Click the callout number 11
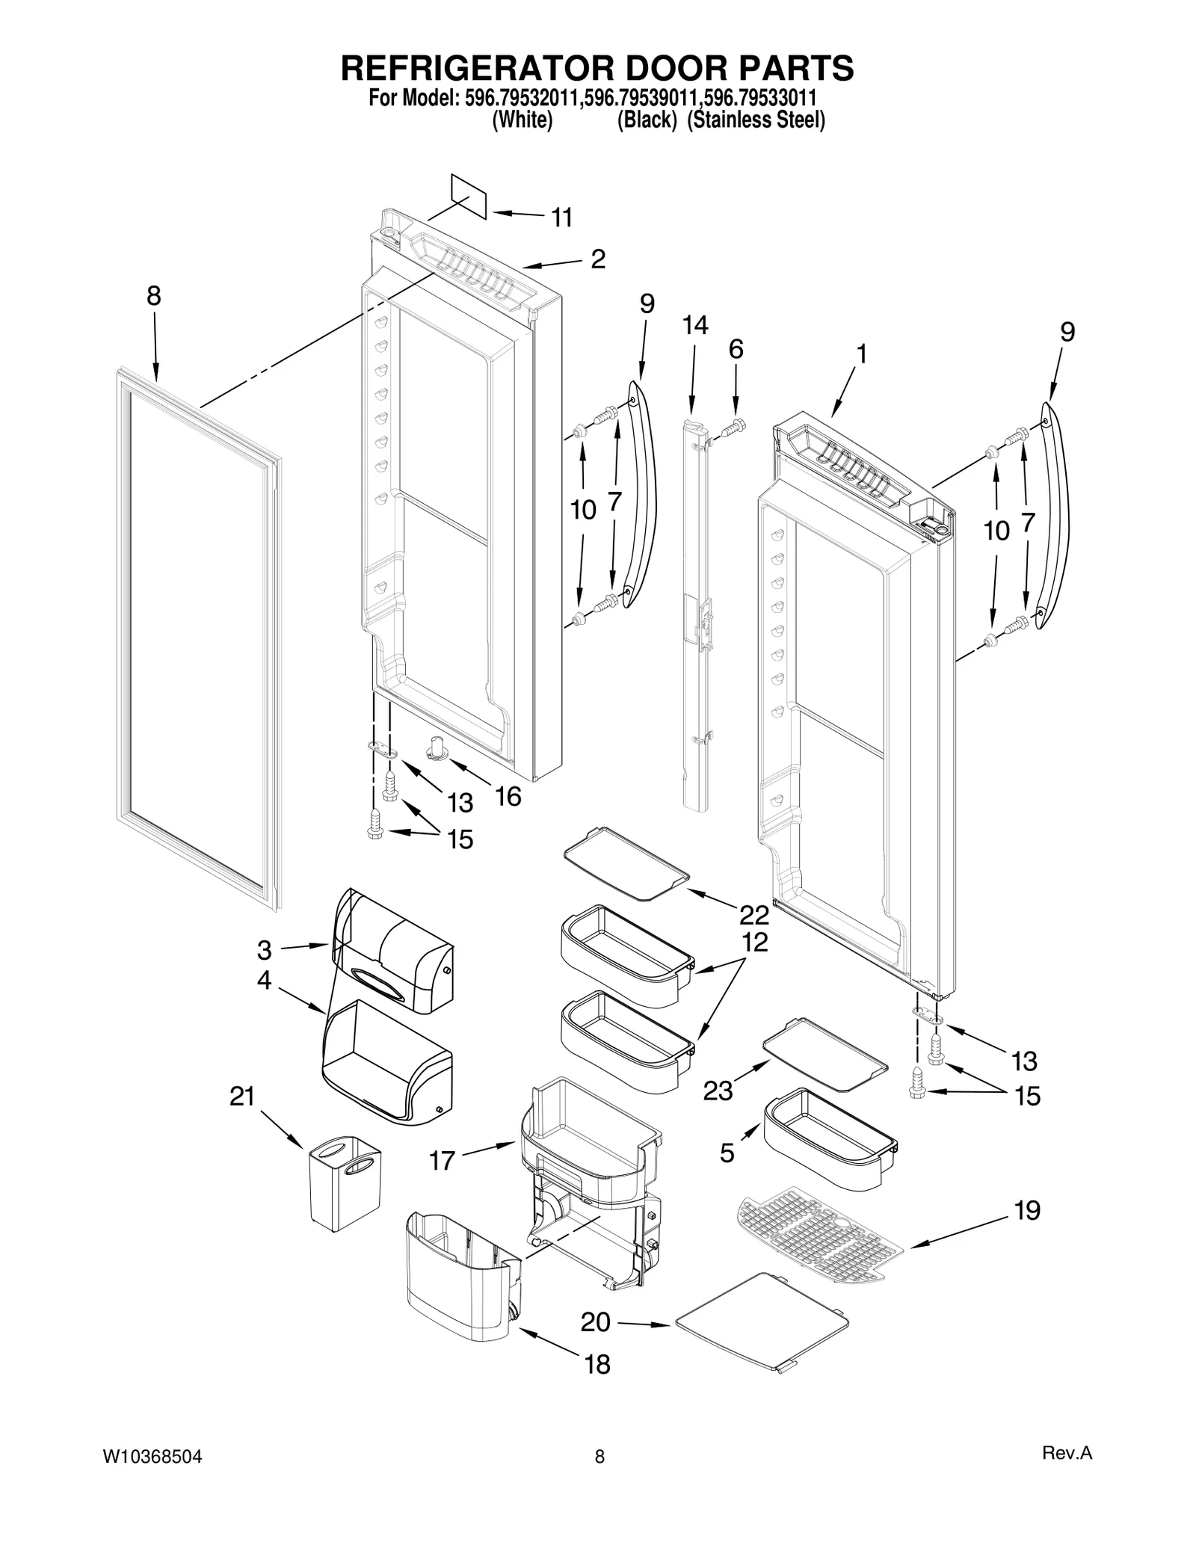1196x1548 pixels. click(x=561, y=218)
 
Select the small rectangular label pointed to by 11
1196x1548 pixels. click(x=469, y=196)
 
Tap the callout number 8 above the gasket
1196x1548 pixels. click(x=153, y=297)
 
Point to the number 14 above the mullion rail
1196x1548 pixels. click(x=694, y=325)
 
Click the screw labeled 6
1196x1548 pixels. click(x=734, y=427)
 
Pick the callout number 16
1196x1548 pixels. click(x=508, y=797)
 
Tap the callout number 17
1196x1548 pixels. click(x=442, y=1161)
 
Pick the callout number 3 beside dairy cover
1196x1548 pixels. click(x=264, y=951)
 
